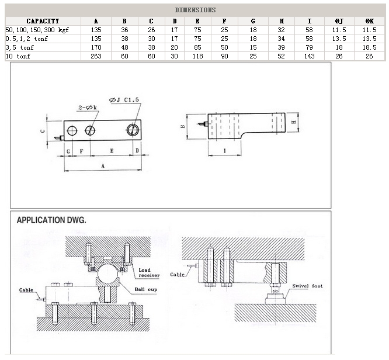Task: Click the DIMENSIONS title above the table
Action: (x=195, y=10)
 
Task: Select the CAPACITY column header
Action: (x=43, y=21)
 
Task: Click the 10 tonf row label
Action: (x=18, y=56)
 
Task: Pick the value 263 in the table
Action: (x=96, y=56)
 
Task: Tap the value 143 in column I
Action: (x=309, y=56)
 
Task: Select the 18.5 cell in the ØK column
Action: (x=369, y=47)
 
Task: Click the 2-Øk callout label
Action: (x=88, y=108)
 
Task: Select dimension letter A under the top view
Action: (x=103, y=166)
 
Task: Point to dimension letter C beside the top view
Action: (x=43, y=131)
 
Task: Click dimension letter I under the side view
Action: (x=225, y=150)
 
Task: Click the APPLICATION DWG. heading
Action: (x=51, y=220)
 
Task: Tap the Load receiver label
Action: (x=150, y=273)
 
